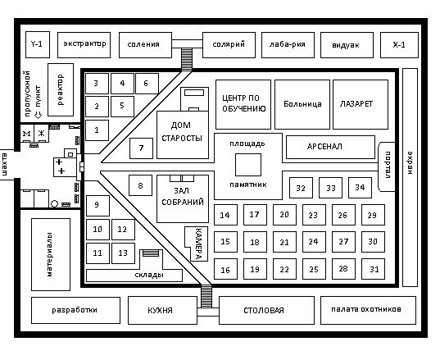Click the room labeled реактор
click(x=61, y=89)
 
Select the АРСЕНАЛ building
click(x=330, y=147)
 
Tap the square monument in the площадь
click(x=248, y=165)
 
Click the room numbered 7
click(x=141, y=148)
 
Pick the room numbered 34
click(x=360, y=188)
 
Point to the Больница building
click(x=302, y=104)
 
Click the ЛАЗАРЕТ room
click(x=361, y=104)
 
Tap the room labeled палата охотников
click(x=368, y=310)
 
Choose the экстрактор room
click(x=84, y=45)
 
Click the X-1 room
click(x=399, y=45)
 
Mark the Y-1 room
click(x=38, y=45)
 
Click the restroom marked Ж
click(x=41, y=134)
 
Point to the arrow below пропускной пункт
click(x=38, y=115)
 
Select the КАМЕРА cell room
click(x=197, y=244)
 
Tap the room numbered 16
click(x=225, y=269)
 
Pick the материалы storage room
click(x=51, y=254)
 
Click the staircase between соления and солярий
click(x=187, y=59)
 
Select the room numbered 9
click(x=98, y=206)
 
